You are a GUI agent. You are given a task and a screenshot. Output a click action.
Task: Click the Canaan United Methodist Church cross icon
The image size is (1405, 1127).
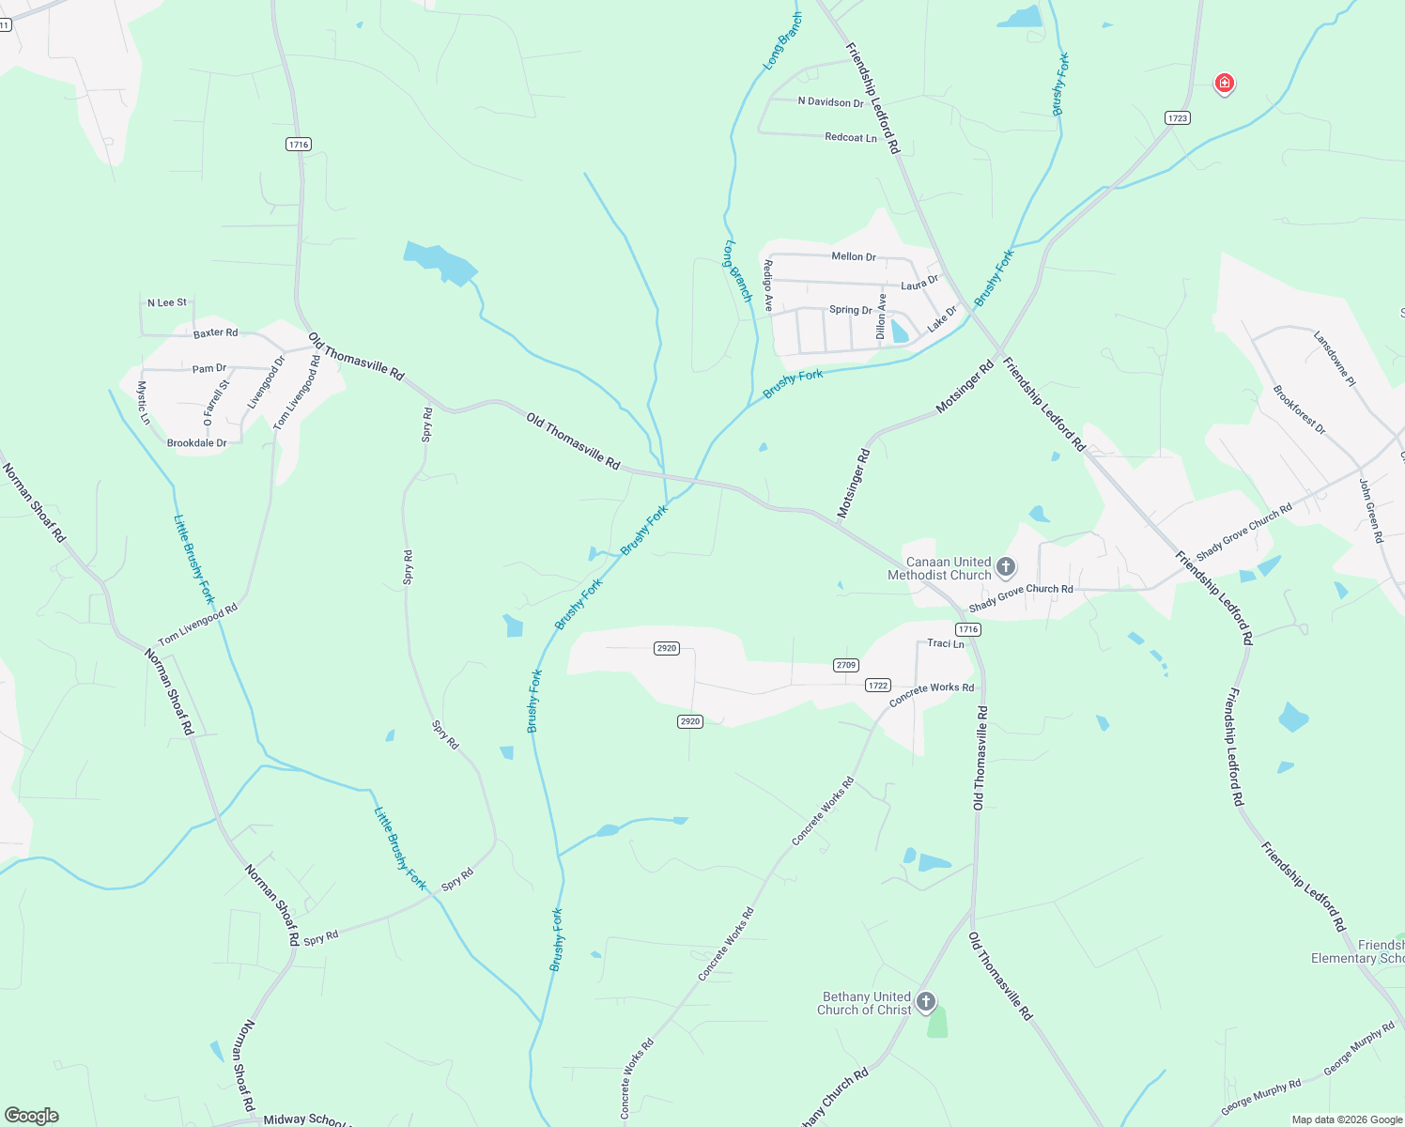click(x=1006, y=566)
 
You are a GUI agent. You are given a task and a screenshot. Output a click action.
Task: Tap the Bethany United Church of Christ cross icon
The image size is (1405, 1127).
click(x=926, y=1002)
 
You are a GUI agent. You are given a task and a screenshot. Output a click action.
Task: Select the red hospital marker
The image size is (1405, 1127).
click(x=1224, y=84)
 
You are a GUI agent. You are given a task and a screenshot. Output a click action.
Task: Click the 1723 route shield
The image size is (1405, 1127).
click(x=1177, y=117)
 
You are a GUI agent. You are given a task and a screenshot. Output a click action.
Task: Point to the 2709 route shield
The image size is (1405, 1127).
click(x=845, y=665)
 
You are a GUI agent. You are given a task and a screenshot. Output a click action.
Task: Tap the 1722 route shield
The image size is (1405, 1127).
click(x=878, y=686)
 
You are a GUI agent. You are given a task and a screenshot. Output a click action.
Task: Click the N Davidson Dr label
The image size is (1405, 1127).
click(x=830, y=102)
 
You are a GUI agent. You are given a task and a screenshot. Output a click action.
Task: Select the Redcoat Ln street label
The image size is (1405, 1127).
click(x=851, y=137)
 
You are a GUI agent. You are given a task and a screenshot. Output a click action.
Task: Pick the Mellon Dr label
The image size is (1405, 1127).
click(x=854, y=256)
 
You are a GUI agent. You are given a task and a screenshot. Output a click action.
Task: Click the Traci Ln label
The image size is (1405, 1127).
click(x=946, y=643)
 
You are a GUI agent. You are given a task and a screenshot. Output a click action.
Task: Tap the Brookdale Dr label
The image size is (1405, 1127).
click(x=196, y=443)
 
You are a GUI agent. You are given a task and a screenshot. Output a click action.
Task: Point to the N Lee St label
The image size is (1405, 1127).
click(x=167, y=302)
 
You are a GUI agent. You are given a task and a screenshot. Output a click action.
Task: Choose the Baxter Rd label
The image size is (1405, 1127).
click(x=216, y=332)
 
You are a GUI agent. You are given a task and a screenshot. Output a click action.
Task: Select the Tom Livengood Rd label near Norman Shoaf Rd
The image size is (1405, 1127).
click(x=198, y=625)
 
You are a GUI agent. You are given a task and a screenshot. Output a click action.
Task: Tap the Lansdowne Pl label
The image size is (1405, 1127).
click(x=1335, y=359)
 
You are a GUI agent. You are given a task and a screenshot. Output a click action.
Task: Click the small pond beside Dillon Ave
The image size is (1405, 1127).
click(x=900, y=331)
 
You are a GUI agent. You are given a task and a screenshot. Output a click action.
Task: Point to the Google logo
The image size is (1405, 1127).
click(x=32, y=1116)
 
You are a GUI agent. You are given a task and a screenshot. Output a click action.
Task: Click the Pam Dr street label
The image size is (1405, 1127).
click(x=209, y=369)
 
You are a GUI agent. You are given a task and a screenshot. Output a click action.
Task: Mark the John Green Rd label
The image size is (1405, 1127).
click(x=1371, y=510)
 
